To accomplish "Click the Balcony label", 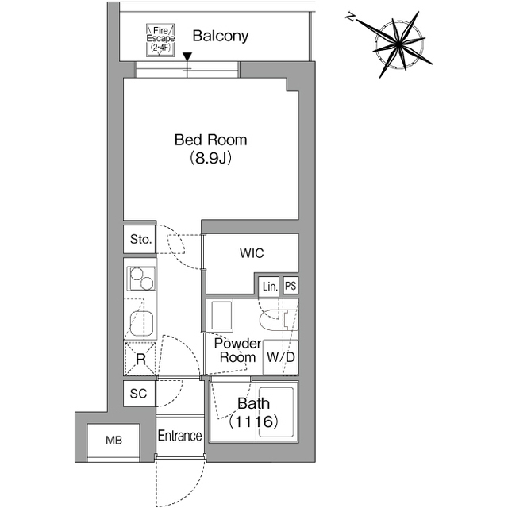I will [220, 36].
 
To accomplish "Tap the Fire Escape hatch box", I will [160, 40].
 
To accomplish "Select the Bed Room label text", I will [210, 140].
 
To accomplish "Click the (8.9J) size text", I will [210, 158].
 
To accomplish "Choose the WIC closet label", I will [252, 254].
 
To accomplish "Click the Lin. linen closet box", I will [268, 286].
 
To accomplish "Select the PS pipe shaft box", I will [291, 286].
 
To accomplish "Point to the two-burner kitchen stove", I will [140, 279].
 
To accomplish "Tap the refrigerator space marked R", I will [140, 359].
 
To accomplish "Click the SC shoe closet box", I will [140, 393].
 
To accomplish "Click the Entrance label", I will [179, 436].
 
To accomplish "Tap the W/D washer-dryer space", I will [281, 356].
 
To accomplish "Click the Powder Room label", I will [237, 350].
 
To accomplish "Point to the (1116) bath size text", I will [253, 423].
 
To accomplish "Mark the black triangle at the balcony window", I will [187, 57].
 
